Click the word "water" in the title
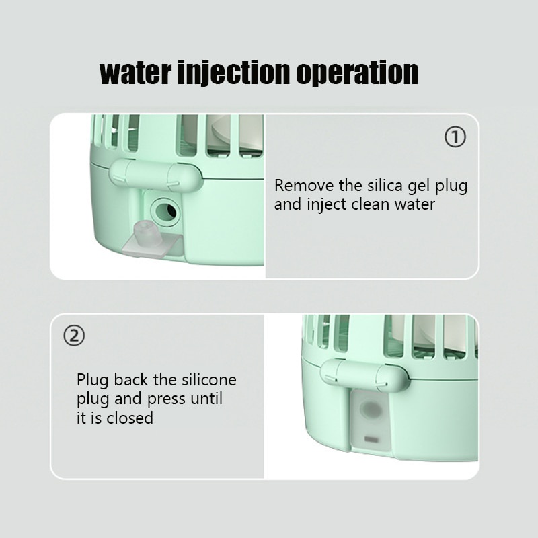[x=136, y=73]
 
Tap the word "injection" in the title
[x=233, y=73]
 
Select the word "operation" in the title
[x=358, y=74]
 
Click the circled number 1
[x=455, y=137]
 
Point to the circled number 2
[x=74, y=336]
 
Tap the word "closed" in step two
[x=130, y=418]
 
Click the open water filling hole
[x=165, y=212]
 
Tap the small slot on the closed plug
[x=371, y=439]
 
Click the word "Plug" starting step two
[x=93, y=380]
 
